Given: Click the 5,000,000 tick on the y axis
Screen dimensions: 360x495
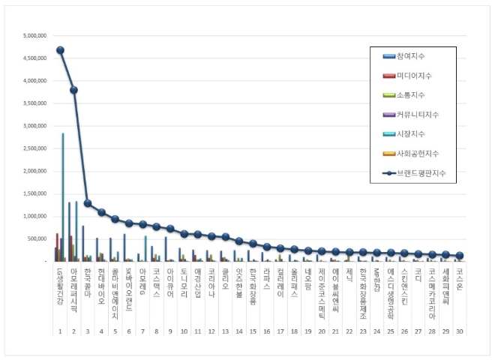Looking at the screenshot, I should click(x=35, y=35).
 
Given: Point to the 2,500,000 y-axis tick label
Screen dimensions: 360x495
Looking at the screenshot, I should click(x=35, y=148).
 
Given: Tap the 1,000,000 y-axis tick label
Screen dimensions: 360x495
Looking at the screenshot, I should click(x=35, y=216).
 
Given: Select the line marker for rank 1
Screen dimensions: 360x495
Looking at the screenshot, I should click(x=60, y=50).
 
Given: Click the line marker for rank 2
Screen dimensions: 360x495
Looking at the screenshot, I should click(x=73, y=90).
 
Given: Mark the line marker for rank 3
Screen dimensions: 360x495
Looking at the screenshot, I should click(x=87, y=203).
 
